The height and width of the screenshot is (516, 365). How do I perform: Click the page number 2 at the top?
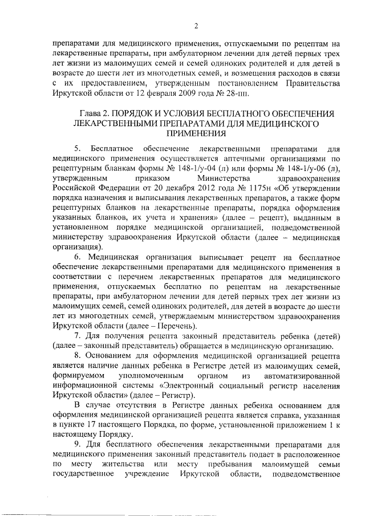pyautogui.click(x=195, y=26)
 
